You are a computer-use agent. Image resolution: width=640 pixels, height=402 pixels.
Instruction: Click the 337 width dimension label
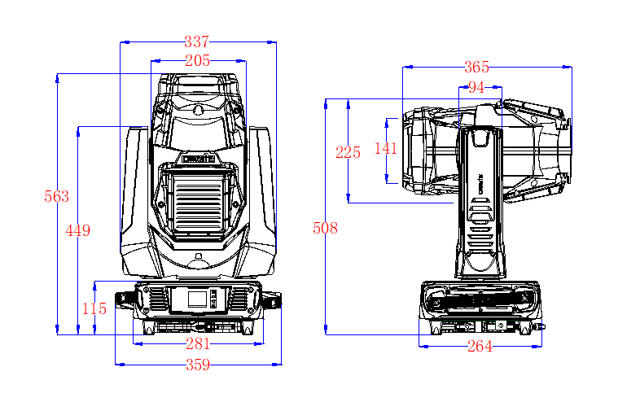click(x=197, y=42)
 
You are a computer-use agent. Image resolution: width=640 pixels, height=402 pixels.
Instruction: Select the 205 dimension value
click(x=197, y=60)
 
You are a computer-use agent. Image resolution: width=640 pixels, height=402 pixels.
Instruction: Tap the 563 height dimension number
click(x=57, y=196)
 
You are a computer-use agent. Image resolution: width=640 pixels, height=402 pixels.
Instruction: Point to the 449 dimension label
click(x=77, y=230)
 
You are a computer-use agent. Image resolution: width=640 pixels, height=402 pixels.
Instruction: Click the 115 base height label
click(x=94, y=309)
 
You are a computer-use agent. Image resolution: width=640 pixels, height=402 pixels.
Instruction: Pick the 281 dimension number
click(x=198, y=344)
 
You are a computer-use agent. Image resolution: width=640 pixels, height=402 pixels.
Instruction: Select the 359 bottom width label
click(x=198, y=365)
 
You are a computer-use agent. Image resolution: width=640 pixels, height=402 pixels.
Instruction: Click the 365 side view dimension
click(x=476, y=67)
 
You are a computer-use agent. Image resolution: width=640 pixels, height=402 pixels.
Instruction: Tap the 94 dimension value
click(x=476, y=87)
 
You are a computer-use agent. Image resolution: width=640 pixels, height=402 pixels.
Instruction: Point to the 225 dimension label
click(x=348, y=152)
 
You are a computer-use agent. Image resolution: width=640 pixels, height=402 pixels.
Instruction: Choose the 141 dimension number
click(x=385, y=148)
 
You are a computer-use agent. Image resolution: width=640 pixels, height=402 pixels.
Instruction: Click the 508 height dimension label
click(x=325, y=229)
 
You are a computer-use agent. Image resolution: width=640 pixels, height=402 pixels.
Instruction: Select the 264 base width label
click(x=480, y=347)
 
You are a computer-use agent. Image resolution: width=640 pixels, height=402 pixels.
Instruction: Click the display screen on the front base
click(x=197, y=298)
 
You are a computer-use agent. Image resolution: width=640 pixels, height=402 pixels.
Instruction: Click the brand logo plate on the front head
click(x=198, y=159)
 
